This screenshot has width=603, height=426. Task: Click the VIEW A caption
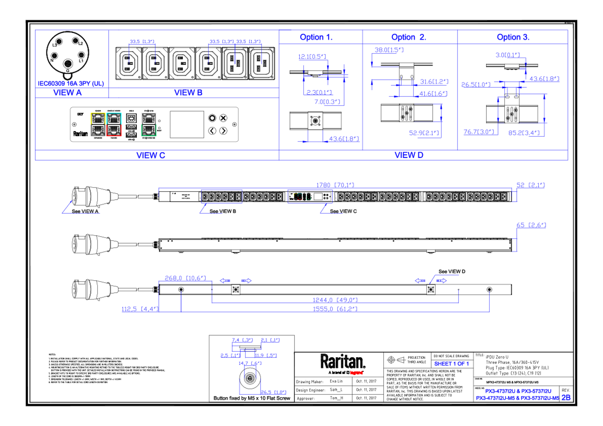click(x=68, y=93)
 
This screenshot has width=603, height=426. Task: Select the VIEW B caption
click(x=188, y=93)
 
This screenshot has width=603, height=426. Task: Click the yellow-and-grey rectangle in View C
click(x=98, y=124)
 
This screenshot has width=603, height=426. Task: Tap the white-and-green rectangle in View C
click(x=149, y=124)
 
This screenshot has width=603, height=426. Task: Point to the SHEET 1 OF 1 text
click(x=451, y=364)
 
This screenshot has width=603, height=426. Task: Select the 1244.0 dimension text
click(x=335, y=300)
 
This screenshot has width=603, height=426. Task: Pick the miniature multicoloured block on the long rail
click(x=310, y=196)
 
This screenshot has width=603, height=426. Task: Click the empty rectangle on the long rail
click(x=221, y=196)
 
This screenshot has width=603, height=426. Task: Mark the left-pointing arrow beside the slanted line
click(x=420, y=281)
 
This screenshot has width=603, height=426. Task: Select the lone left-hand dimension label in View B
click(x=142, y=41)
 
